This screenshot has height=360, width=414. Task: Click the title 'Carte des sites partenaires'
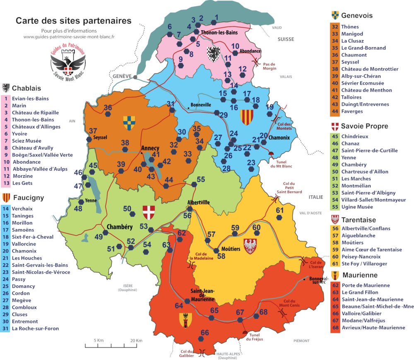click(73, 20)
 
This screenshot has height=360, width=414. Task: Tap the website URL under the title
click(69, 36)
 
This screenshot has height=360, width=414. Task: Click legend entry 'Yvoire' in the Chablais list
click(19, 134)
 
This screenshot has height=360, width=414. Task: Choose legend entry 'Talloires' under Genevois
click(351, 97)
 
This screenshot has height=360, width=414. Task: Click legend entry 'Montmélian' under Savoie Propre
click(356, 186)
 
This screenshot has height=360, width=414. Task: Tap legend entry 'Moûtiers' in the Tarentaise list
click(352, 242)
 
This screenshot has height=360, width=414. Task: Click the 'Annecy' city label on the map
click(150, 147)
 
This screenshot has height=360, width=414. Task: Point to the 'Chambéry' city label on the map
click(119, 227)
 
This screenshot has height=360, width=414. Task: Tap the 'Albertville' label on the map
click(198, 202)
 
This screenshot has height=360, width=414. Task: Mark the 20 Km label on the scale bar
click(136, 340)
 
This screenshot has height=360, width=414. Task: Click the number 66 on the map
click(205, 333)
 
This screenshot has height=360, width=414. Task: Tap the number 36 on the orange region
click(108, 108)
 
